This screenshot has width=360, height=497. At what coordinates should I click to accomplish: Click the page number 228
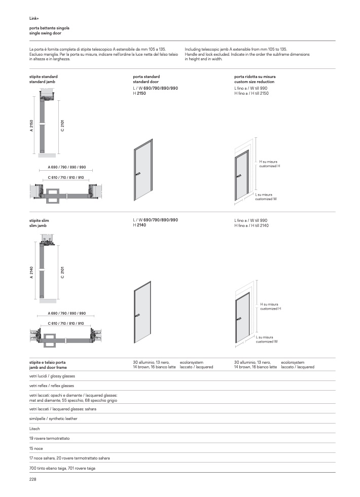click(x=33, y=479)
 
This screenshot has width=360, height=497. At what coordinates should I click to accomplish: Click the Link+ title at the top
click(x=34, y=18)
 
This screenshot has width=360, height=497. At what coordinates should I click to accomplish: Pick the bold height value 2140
click(x=141, y=225)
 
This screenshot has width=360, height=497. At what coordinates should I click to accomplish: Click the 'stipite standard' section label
click(x=44, y=77)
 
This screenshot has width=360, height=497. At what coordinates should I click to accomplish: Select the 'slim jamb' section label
click(x=38, y=226)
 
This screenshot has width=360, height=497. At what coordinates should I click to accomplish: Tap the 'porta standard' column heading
click(x=146, y=77)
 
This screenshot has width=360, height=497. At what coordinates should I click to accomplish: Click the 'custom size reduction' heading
click(x=254, y=82)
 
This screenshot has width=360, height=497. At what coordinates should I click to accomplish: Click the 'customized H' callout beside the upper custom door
click(x=270, y=166)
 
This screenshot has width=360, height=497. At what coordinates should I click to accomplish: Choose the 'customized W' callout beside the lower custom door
click(x=266, y=341)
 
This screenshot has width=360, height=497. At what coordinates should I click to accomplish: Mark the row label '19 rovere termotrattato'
click(x=50, y=438)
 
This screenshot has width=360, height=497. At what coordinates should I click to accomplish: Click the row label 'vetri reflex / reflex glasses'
click(x=52, y=386)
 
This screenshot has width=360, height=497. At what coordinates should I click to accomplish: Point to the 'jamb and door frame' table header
click(x=48, y=367)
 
